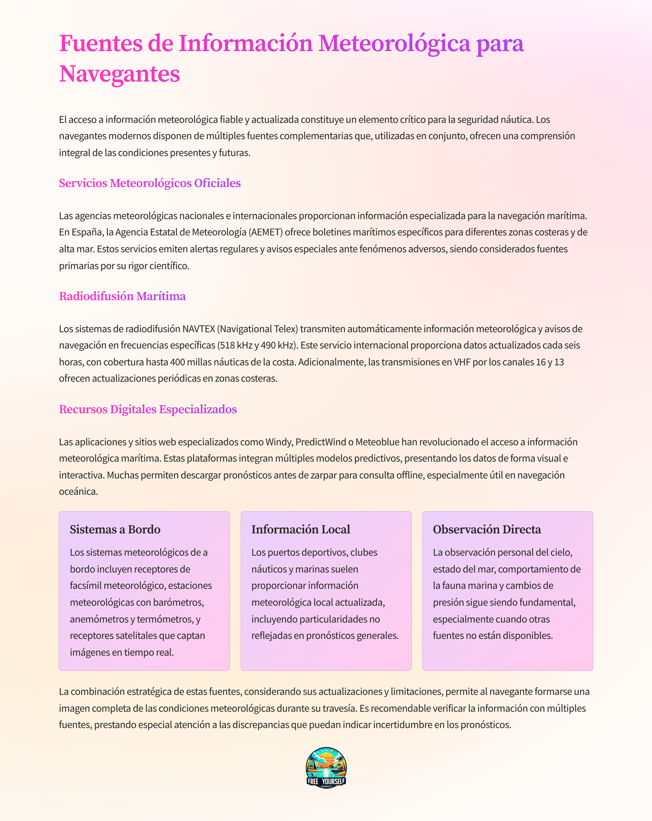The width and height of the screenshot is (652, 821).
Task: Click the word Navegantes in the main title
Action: click(119, 74)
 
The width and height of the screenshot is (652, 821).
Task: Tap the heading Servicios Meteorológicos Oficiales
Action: click(149, 183)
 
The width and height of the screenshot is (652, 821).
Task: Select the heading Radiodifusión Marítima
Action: click(122, 296)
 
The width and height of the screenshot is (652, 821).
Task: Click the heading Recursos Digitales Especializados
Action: click(148, 409)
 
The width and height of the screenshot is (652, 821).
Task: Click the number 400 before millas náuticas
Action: click(177, 362)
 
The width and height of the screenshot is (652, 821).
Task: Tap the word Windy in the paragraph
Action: click(279, 442)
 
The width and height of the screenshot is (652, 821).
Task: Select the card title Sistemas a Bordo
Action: click(115, 530)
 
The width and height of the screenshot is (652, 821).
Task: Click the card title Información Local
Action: click(301, 530)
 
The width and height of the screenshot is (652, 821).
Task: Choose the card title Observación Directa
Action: click(487, 530)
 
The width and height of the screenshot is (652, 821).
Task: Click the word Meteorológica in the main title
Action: click(394, 43)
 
